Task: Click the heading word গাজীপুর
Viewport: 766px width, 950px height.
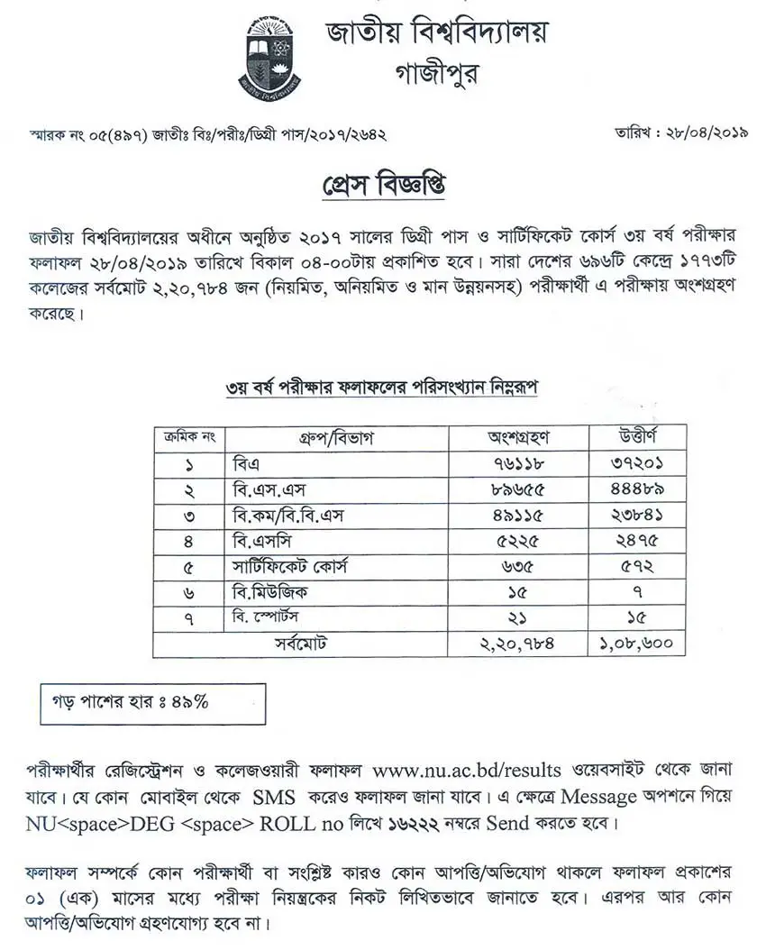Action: coord(437,73)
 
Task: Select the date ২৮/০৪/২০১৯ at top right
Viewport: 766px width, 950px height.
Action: coord(694,132)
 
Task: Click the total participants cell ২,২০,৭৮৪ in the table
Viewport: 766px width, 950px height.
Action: coord(518,644)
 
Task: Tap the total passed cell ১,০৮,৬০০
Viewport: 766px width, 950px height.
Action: coord(637,644)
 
